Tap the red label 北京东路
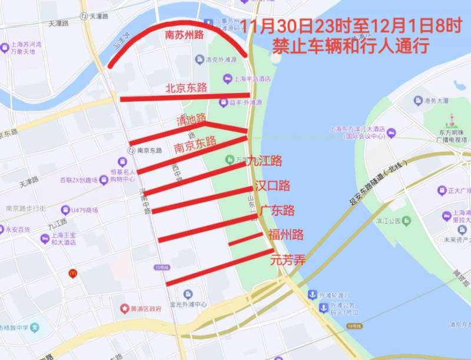[186, 88]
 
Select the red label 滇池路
[191, 120]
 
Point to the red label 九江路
[264, 161]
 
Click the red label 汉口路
[273, 186]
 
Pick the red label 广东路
[277, 211]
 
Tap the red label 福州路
[286, 235]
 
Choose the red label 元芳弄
[288, 259]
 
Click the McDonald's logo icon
[72, 273]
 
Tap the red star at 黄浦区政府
[124, 308]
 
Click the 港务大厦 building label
[439, 101]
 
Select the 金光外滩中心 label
[188, 305]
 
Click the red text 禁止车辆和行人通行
[350, 46]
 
